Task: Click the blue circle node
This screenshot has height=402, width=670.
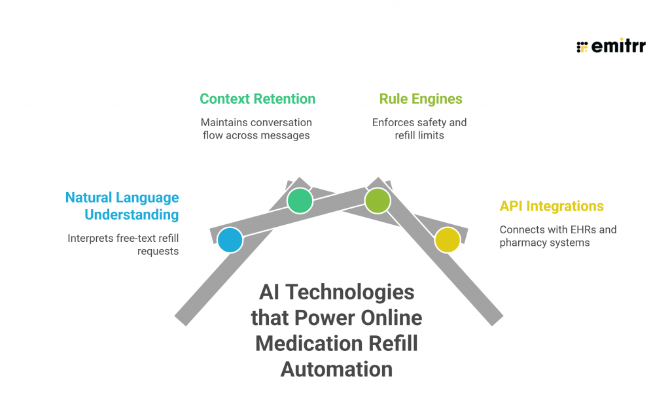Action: pos(230,240)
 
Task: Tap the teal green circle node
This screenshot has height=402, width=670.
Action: pos(300,201)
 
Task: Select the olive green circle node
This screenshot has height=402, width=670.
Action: pos(377,201)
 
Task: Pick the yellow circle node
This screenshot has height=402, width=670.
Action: pos(447,240)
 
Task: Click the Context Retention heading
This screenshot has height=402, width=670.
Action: pos(257,99)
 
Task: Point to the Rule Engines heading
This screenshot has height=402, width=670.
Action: pos(420,99)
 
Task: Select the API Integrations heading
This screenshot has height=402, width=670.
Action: pos(552,206)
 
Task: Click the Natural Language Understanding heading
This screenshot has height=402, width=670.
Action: pos(122,206)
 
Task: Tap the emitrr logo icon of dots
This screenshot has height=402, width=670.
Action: pos(582,46)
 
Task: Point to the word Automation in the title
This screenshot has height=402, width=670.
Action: pos(336,369)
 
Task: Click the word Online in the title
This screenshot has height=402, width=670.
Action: pos(390,318)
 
